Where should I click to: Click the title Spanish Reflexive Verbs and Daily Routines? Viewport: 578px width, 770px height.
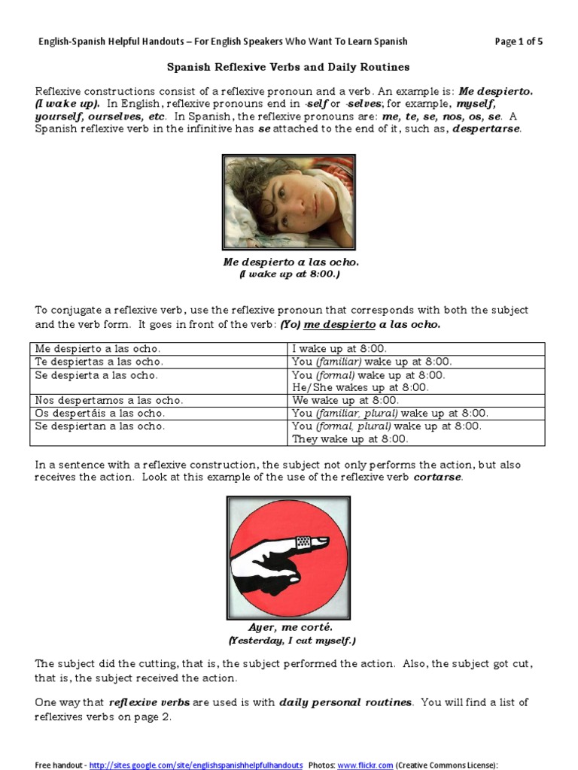coord(288,67)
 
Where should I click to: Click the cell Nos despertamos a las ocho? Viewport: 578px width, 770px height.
coord(109,400)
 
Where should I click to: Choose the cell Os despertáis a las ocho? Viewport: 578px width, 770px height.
coord(100,413)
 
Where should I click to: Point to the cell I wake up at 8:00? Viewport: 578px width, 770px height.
coord(339,349)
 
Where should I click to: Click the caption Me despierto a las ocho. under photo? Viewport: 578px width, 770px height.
coord(291,262)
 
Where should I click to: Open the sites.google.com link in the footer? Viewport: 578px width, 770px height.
coord(196,765)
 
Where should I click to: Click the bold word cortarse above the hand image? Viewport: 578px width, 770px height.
coord(437,478)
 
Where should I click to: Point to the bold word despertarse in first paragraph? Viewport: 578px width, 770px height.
coord(486,129)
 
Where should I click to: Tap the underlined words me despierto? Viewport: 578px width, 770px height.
coord(339,325)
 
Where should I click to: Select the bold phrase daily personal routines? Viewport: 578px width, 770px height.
coord(345,702)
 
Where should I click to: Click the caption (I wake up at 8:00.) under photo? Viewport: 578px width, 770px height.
coord(290,275)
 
